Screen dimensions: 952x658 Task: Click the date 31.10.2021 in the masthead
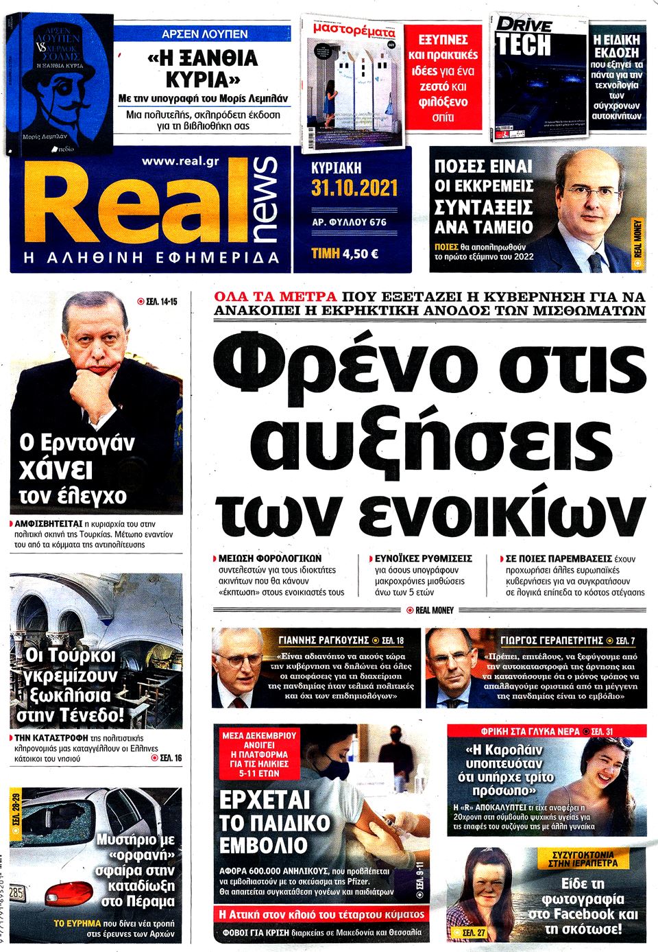click(x=354, y=188)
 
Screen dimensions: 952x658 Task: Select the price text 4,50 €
click(x=360, y=253)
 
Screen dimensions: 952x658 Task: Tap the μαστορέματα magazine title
click(x=354, y=32)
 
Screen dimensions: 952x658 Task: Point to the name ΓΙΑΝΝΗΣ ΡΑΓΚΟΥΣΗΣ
click(x=323, y=640)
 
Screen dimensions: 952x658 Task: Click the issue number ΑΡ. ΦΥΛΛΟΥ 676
click(x=348, y=222)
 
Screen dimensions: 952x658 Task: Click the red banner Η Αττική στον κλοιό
click(x=321, y=914)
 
